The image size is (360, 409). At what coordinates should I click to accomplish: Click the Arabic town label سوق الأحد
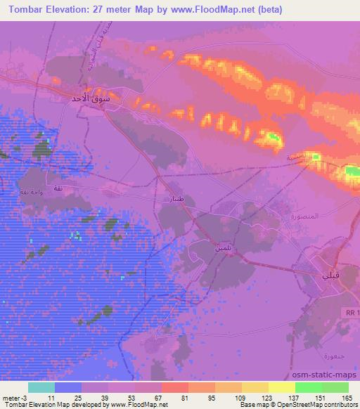point(91,99)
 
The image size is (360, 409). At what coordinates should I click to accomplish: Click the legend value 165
point(347,398)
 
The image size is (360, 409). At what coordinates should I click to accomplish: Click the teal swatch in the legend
point(41,387)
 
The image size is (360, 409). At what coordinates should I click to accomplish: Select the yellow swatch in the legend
point(281,387)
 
